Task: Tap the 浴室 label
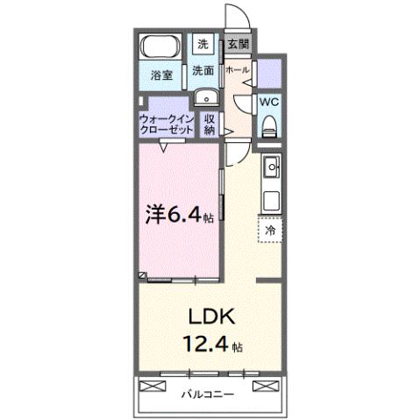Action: pyautogui.click(x=160, y=75)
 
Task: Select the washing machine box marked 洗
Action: pyautogui.click(x=203, y=44)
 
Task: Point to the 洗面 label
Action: pyautogui.click(x=203, y=71)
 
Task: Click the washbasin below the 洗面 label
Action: pyautogui.click(x=203, y=98)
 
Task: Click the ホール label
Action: pyautogui.click(x=237, y=68)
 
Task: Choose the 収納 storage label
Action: pyautogui.click(x=210, y=125)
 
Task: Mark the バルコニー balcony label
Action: pyautogui.click(x=209, y=394)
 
